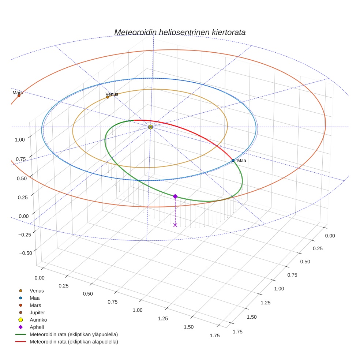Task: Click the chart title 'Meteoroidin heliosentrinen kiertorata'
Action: click(180, 32)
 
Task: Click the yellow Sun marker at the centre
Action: click(150, 127)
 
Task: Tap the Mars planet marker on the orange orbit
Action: click(19, 96)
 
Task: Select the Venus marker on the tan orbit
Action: click(108, 97)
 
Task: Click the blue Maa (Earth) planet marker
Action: click(233, 160)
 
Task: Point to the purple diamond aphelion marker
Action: click(175, 196)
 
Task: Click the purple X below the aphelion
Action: click(175, 225)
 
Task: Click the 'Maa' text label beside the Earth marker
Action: click(241, 161)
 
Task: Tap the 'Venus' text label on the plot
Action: click(112, 94)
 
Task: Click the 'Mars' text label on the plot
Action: click(18, 93)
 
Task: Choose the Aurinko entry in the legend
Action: click(38, 320)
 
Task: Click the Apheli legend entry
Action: click(37, 327)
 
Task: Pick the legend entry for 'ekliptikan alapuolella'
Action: click(74, 342)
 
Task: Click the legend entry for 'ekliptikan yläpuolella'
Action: click(74, 334)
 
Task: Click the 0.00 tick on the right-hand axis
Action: click(330, 236)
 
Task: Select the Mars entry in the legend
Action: click(35, 305)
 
